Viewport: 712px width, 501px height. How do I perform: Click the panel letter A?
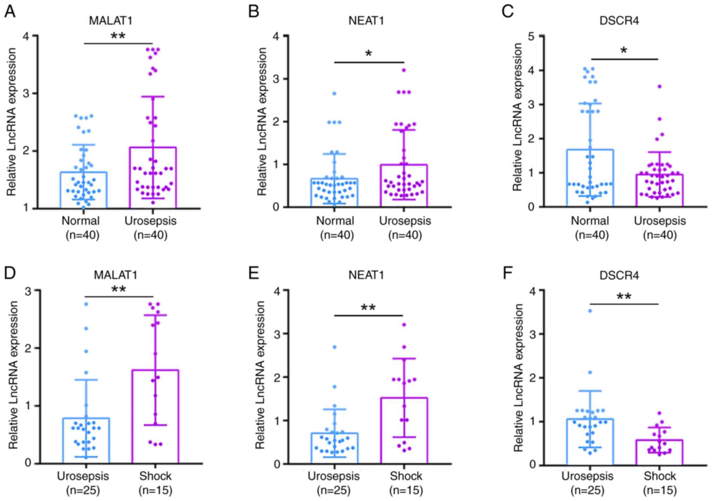(x=9, y=12)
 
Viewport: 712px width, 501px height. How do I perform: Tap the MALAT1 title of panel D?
(x=115, y=275)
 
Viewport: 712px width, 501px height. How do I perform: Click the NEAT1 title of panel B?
(x=366, y=21)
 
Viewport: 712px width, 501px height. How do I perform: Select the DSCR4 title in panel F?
(x=619, y=276)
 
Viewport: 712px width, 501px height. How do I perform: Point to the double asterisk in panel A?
(x=118, y=36)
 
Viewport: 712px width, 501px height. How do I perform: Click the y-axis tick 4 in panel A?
(x=26, y=36)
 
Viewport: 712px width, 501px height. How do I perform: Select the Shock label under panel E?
(x=406, y=476)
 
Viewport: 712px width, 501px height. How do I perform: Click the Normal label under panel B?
(x=335, y=221)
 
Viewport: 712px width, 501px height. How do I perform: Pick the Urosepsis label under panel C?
(x=660, y=221)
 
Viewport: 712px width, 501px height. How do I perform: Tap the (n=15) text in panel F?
(x=660, y=490)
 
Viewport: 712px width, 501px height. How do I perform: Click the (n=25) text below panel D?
(x=83, y=490)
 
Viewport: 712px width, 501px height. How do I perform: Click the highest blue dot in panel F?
(x=590, y=311)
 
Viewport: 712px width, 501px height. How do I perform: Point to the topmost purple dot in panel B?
(x=404, y=70)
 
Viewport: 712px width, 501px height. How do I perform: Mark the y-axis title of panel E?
(x=260, y=375)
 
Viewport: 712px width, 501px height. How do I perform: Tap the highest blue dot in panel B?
(x=334, y=94)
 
